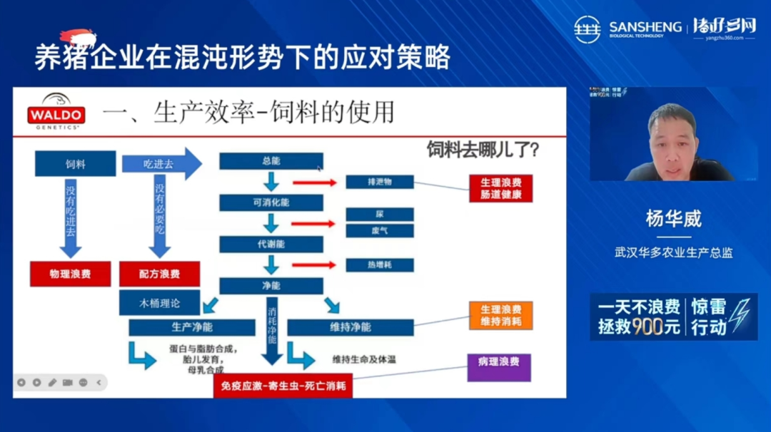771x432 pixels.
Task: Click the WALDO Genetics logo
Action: (56, 111)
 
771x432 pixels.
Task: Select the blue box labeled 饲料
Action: (75, 164)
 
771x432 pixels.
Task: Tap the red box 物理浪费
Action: (70, 274)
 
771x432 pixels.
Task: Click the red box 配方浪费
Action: (159, 274)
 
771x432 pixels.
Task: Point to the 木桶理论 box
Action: (159, 303)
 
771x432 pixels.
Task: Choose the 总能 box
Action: (271, 161)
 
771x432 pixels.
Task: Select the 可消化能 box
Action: (271, 202)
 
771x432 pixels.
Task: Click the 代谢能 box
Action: (271, 244)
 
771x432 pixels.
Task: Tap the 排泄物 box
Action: (379, 182)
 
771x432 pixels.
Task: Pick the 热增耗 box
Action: (379, 264)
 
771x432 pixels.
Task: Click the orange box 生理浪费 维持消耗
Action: (500, 315)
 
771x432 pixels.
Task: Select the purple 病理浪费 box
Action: (499, 366)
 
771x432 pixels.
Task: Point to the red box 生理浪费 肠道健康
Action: (500, 188)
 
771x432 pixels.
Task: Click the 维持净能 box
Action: (350, 327)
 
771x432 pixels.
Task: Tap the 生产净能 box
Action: (191, 327)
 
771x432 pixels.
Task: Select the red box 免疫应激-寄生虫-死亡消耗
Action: (283, 386)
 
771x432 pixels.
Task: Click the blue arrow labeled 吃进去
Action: (161, 164)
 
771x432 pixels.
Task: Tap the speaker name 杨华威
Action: (673, 219)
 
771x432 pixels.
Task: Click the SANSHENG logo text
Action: (645, 27)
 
